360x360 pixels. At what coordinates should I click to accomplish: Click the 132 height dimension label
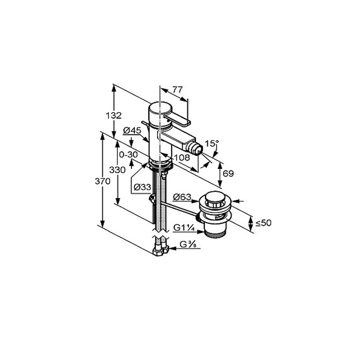point(113,116)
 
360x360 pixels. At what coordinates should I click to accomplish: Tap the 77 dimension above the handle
point(177,89)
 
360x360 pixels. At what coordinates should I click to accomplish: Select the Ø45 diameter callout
point(132,130)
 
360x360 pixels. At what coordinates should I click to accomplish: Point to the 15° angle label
point(211,144)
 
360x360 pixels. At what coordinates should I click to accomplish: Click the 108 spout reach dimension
point(182,157)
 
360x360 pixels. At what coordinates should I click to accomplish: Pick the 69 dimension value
point(228,173)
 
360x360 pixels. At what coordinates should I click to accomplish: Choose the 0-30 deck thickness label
point(128,154)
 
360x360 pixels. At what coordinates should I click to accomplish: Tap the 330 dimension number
point(117,170)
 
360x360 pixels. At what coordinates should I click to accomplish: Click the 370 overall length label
point(103,181)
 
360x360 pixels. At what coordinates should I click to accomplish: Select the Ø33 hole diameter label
point(142,187)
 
